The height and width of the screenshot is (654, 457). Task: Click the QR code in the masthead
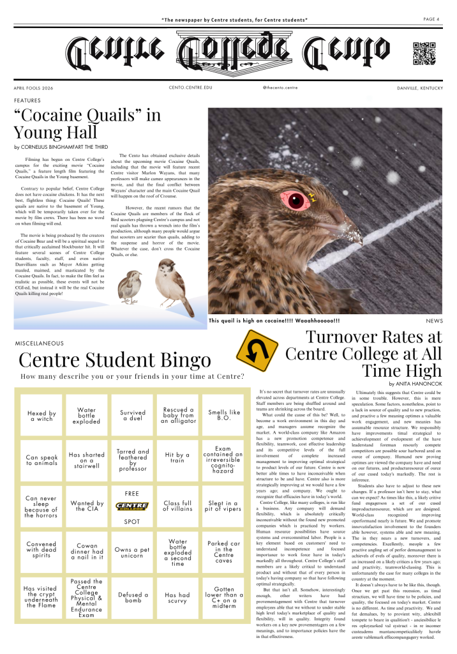pyautogui.click(x=424, y=54)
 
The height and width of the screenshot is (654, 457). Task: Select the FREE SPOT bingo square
pyautogui.click(x=133, y=506)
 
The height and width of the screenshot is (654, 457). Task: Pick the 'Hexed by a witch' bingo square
pyautogui.click(x=41, y=415)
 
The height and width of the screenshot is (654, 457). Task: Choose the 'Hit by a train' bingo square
pyautogui.click(x=178, y=460)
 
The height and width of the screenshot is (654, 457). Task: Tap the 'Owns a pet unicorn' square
pyautogui.click(x=133, y=553)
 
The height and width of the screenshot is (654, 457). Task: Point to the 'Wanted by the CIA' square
pyautogui.click(x=87, y=506)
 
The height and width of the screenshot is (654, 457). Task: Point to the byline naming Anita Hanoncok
pyautogui.click(x=415, y=383)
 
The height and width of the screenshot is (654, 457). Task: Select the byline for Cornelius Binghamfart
pyautogui.click(x=61, y=147)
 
